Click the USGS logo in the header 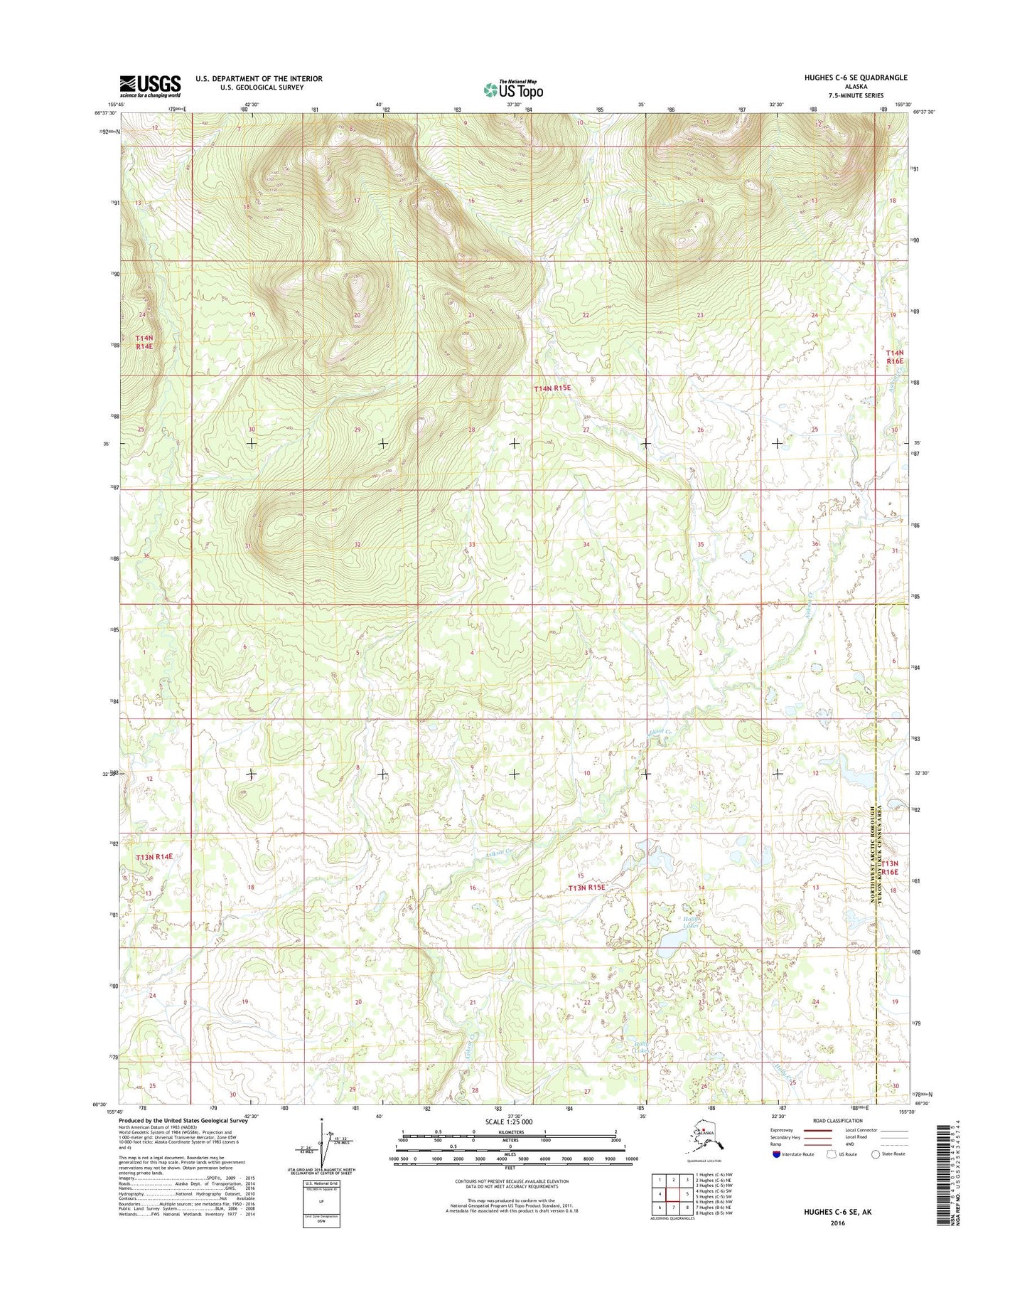tap(150, 86)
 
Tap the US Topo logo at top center tap(513, 90)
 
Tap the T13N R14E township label tap(154, 857)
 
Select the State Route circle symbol tap(876, 1154)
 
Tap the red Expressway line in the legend tap(817, 1130)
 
